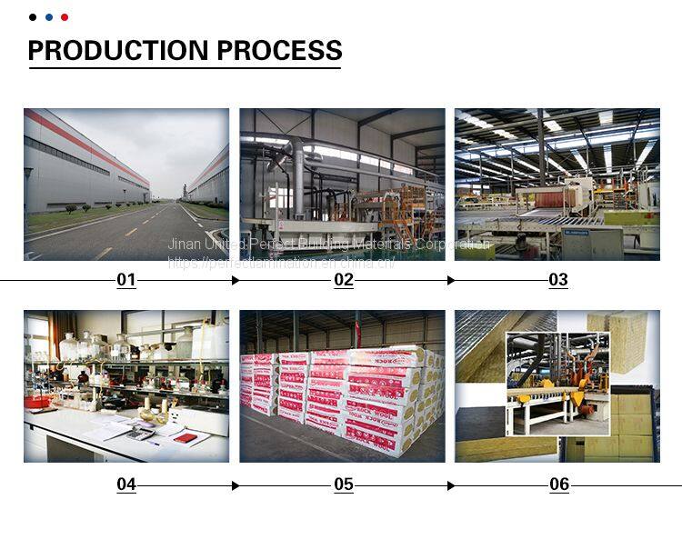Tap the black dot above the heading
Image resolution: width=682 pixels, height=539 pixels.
coord(33,17)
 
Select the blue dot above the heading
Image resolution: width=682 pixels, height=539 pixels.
coord(48,17)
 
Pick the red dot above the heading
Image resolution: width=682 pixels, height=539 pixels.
coord(65,17)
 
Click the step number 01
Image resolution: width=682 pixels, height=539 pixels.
coord(126,280)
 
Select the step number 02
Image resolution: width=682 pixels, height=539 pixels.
coord(344,280)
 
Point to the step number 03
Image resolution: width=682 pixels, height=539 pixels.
coord(558,280)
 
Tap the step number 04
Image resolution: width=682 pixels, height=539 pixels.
coord(126,485)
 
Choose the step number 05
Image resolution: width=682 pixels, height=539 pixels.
coord(344,485)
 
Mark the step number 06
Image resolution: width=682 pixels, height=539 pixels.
coord(559,485)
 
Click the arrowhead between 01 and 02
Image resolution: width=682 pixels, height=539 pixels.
coord(236,281)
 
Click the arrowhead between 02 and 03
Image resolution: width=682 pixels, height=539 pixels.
coord(450,281)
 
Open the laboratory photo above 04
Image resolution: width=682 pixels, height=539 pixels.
coord(126,386)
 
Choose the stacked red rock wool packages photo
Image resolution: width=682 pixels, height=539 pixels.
coord(342,386)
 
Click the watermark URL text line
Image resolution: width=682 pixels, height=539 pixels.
coord(281,262)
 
